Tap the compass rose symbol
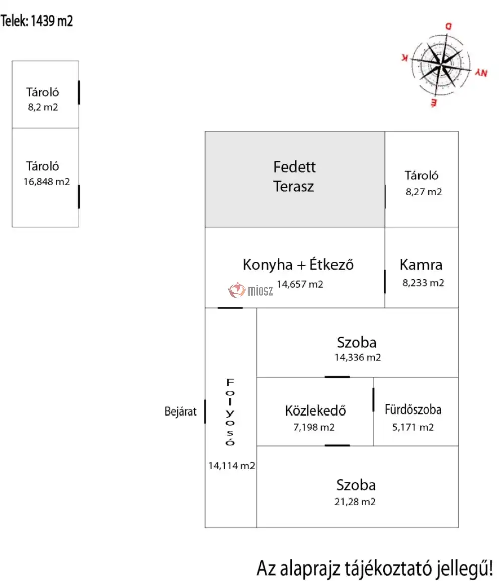pyautogui.click(x=441, y=64)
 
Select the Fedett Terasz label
pyautogui.click(x=294, y=176)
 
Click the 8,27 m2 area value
pyautogui.click(x=424, y=191)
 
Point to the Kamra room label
pyautogui.click(x=421, y=265)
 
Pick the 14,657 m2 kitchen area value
pyautogui.click(x=300, y=284)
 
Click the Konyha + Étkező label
pyautogui.click(x=298, y=265)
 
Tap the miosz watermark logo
pyautogui.click(x=251, y=290)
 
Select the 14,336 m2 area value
pyautogui.click(x=358, y=358)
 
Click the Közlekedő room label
pyautogui.click(x=315, y=410)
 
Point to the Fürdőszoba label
pyautogui.click(x=413, y=409)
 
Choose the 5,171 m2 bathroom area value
pyautogui.click(x=412, y=427)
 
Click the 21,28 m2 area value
pyautogui.click(x=356, y=502)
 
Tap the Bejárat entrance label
pyautogui.click(x=181, y=411)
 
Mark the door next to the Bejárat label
pyautogui.click(x=205, y=411)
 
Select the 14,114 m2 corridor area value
pyautogui.click(x=232, y=466)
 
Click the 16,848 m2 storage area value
pyautogui.click(x=46, y=182)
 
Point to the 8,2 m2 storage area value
pyautogui.click(x=43, y=107)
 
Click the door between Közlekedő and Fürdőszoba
pyautogui.click(x=373, y=399)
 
